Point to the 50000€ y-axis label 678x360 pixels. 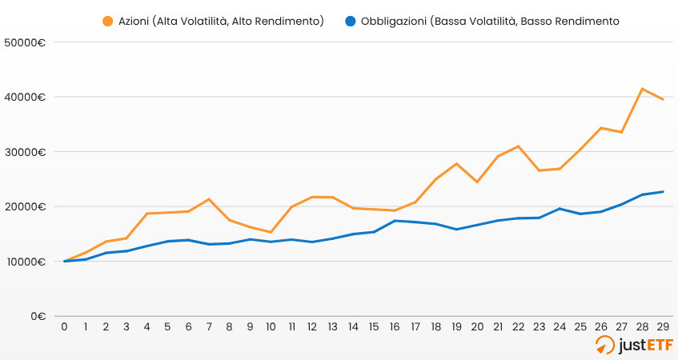[x=24, y=42]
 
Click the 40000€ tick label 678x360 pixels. [x=24, y=98]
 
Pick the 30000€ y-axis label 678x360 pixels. [x=24, y=152]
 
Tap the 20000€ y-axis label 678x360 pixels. [x=24, y=206]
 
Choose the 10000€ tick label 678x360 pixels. [x=24, y=262]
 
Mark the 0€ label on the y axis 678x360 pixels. [x=38, y=316]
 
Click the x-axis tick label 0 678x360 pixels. [x=64, y=327]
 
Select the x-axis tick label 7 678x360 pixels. [x=209, y=327]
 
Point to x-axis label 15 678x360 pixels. [x=374, y=327]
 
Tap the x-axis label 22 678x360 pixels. [x=519, y=327]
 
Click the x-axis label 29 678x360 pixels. [x=663, y=327]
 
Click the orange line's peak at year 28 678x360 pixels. [x=642, y=89]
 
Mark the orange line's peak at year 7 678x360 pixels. [x=209, y=199]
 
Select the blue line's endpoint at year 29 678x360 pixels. [x=663, y=191]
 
